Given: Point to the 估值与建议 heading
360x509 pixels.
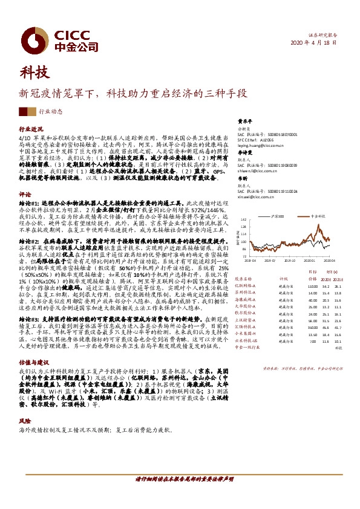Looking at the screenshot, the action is click(x=34, y=357).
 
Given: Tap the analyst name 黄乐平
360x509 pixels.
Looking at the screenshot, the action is click(x=243, y=121).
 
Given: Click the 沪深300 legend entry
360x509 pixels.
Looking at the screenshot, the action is click(x=278, y=215).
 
